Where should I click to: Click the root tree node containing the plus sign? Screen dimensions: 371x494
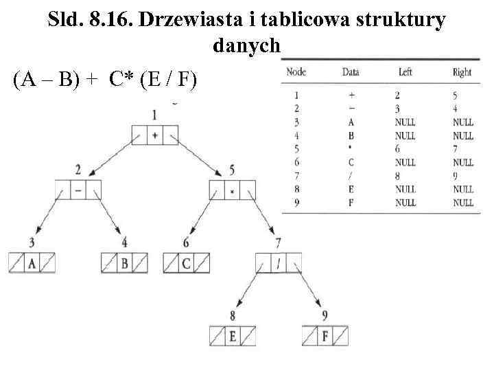(154, 135)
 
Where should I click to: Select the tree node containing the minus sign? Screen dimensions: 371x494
(78, 190)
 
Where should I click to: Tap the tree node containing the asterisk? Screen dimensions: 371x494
(232, 190)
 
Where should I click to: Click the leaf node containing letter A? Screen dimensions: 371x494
(31, 263)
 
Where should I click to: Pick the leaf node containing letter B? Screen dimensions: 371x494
(124, 263)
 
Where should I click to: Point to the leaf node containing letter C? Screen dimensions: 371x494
(186, 263)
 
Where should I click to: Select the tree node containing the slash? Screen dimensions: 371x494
(279, 263)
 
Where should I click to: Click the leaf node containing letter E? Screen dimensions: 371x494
(232, 336)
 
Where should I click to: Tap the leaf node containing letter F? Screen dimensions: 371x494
(325, 336)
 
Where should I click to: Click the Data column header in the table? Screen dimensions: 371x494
(351, 72)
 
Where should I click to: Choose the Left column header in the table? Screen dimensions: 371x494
(405, 72)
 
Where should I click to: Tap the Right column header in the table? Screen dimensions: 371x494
(462, 72)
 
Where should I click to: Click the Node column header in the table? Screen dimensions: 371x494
(296, 72)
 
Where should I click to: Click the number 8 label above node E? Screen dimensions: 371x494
(233, 317)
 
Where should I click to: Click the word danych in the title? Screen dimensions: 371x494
(247, 47)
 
